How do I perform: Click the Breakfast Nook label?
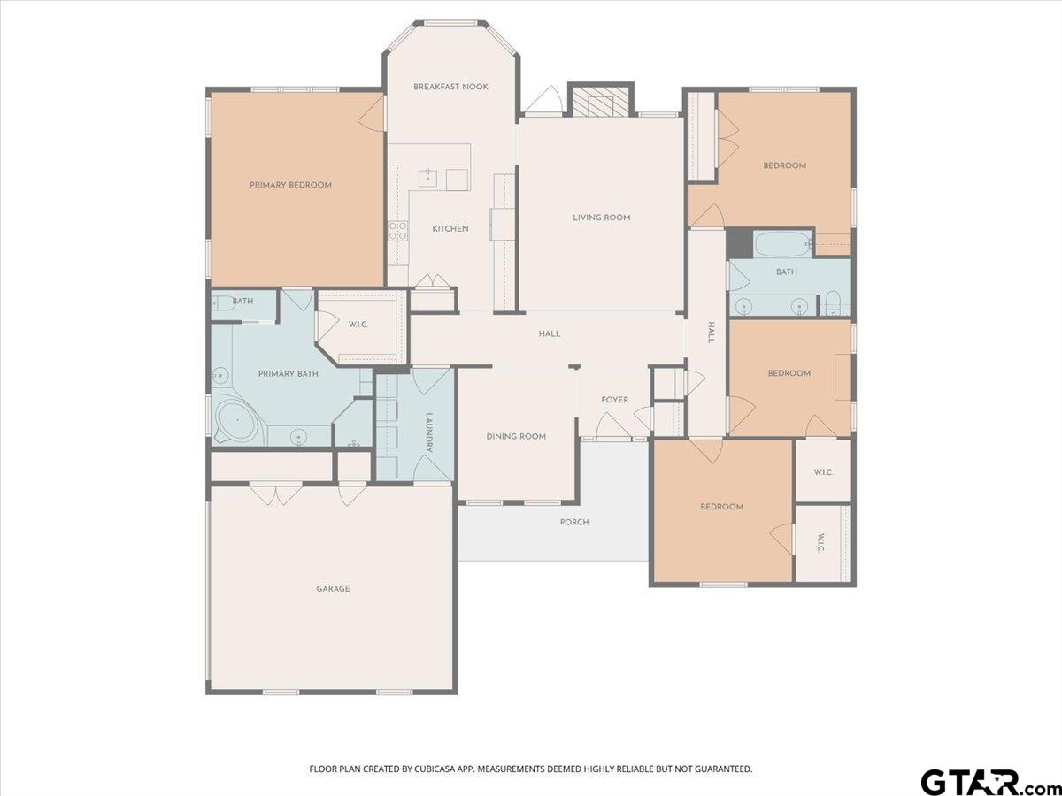(x=450, y=87)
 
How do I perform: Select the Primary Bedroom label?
(x=290, y=185)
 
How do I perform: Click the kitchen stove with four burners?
(x=398, y=231)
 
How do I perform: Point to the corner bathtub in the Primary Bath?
(x=235, y=424)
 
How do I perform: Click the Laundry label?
(x=428, y=432)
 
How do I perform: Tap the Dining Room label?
(x=516, y=436)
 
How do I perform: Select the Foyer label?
(x=614, y=400)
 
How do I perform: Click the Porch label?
(x=574, y=522)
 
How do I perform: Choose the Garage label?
(x=333, y=588)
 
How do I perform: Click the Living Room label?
(x=601, y=218)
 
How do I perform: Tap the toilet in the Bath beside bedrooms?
(x=833, y=303)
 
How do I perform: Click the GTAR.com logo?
(x=982, y=782)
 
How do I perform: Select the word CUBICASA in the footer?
(x=436, y=769)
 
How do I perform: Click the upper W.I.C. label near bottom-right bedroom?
(x=822, y=471)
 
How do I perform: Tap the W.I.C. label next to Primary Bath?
(x=358, y=325)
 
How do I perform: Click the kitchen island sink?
(x=428, y=177)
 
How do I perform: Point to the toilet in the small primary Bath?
(x=219, y=302)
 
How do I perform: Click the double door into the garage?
(x=276, y=494)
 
